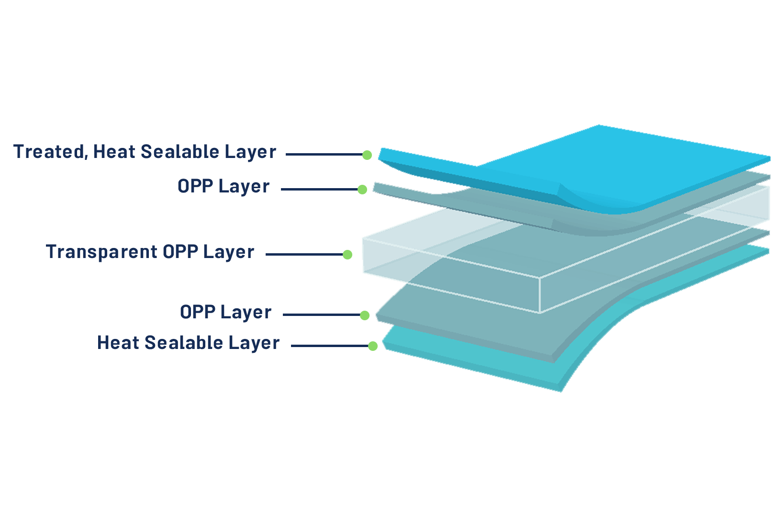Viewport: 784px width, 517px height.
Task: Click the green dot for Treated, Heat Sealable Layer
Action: (367, 155)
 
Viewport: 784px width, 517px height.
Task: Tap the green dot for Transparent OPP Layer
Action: (348, 255)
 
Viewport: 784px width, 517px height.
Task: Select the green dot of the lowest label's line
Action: (372, 346)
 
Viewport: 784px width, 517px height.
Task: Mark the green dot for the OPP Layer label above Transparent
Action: (363, 190)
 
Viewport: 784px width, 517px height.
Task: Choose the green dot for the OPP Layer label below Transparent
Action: (364, 315)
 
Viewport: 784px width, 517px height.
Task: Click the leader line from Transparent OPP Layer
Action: (304, 255)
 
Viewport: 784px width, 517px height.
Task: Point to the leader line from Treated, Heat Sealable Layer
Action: (323, 155)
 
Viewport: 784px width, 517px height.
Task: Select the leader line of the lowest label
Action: (328, 346)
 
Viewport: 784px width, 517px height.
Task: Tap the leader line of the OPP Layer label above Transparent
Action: (319, 189)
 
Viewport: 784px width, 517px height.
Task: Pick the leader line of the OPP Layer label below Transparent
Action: (321, 315)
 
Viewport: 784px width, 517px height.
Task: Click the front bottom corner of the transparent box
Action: (540, 313)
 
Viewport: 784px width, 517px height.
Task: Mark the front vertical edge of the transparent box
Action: (540, 295)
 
